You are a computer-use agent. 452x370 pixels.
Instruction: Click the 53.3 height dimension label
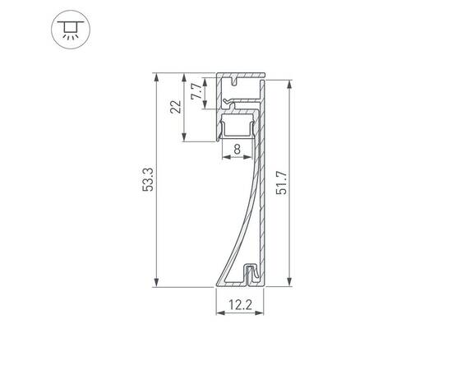click(148, 180)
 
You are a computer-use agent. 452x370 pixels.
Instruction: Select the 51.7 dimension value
click(281, 183)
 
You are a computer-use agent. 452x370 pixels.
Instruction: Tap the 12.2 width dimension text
click(240, 304)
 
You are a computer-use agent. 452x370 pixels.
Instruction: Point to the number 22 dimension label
click(175, 107)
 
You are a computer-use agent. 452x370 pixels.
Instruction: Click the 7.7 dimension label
click(195, 90)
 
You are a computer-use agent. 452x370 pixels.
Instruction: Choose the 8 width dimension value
click(237, 149)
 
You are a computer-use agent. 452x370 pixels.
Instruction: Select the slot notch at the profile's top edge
click(236, 81)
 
